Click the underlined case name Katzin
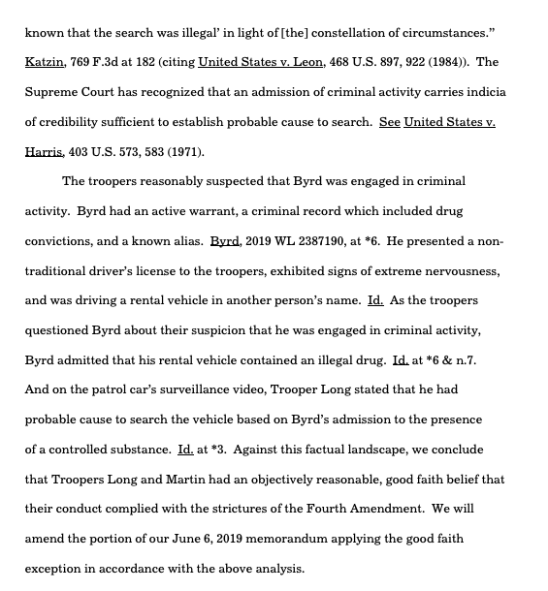click(45, 62)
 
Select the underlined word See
click(389, 122)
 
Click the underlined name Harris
click(45, 152)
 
